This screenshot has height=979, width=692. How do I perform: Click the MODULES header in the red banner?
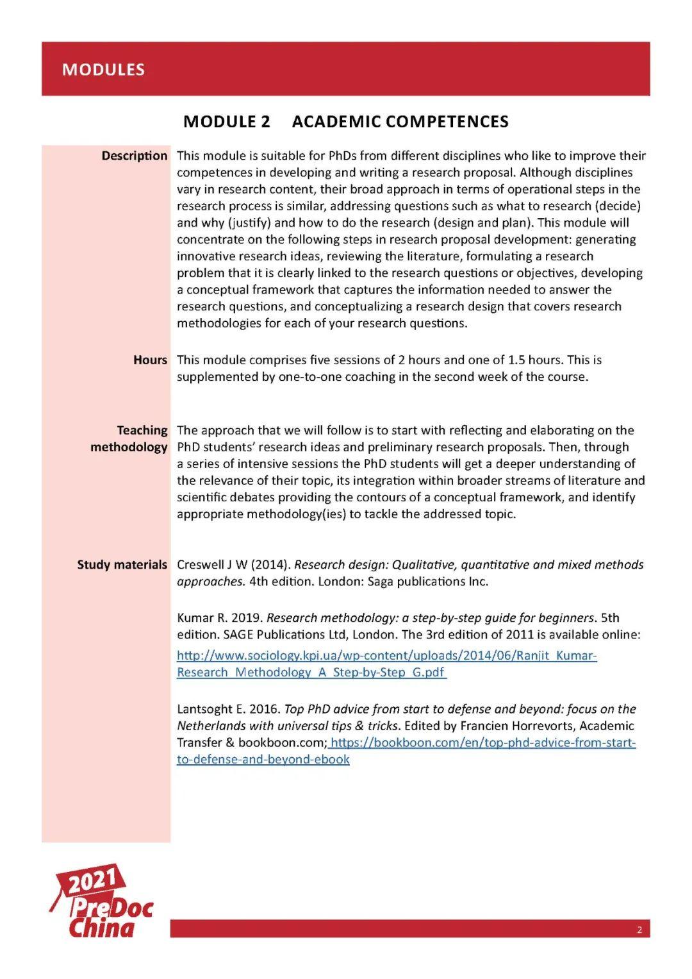coord(103,69)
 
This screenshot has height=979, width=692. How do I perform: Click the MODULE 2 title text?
coord(226,122)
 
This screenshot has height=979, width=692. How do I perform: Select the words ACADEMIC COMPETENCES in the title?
coord(400,122)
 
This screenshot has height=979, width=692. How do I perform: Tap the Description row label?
coord(134,156)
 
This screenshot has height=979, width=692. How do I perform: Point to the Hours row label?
coord(150,360)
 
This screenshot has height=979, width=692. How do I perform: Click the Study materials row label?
coord(122,565)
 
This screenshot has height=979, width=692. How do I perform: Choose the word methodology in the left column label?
coord(129,447)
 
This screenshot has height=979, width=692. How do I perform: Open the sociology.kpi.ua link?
coord(386,656)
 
